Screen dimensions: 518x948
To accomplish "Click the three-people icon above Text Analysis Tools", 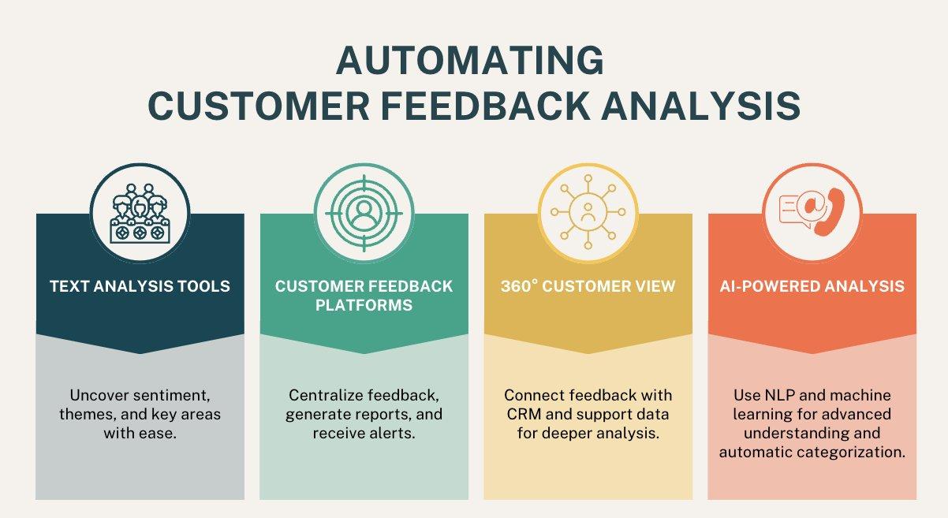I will click(x=140, y=213).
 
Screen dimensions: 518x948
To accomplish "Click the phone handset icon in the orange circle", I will click(x=827, y=211).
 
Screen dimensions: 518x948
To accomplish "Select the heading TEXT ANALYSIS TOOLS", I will click(x=140, y=285).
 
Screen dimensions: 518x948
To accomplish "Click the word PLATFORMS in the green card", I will click(x=364, y=304).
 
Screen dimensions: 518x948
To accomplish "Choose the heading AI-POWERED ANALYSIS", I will click(x=812, y=285).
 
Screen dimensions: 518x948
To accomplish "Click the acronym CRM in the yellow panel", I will click(x=521, y=414).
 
